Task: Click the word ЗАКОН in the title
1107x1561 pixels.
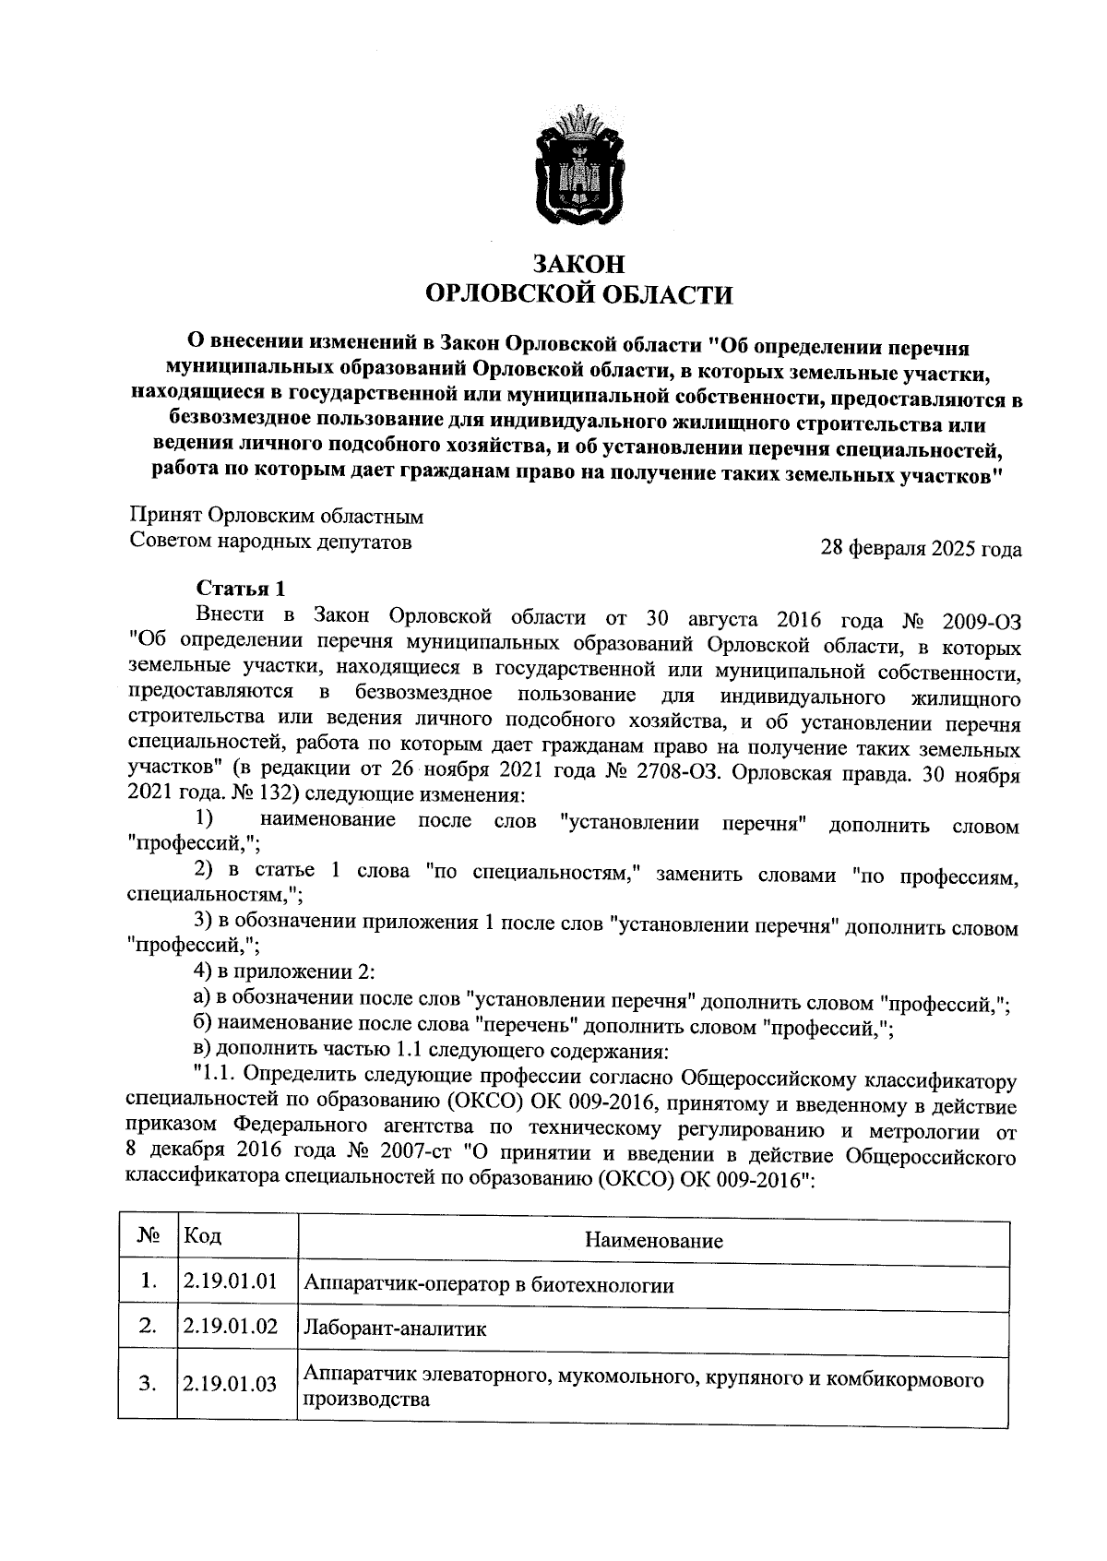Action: (x=579, y=265)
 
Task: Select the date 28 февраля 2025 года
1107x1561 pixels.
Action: (x=922, y=550)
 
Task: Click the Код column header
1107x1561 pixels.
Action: (x=203, y=1236)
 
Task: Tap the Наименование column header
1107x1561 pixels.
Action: (x=653, y=1241)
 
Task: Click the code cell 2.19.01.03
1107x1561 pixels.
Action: (x=231, y=1384)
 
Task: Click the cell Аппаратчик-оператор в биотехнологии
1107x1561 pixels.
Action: (x=489, y=1284)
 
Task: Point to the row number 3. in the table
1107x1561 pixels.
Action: (x=146, y=1384)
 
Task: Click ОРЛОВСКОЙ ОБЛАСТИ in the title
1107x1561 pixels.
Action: (x=578, y=295)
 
